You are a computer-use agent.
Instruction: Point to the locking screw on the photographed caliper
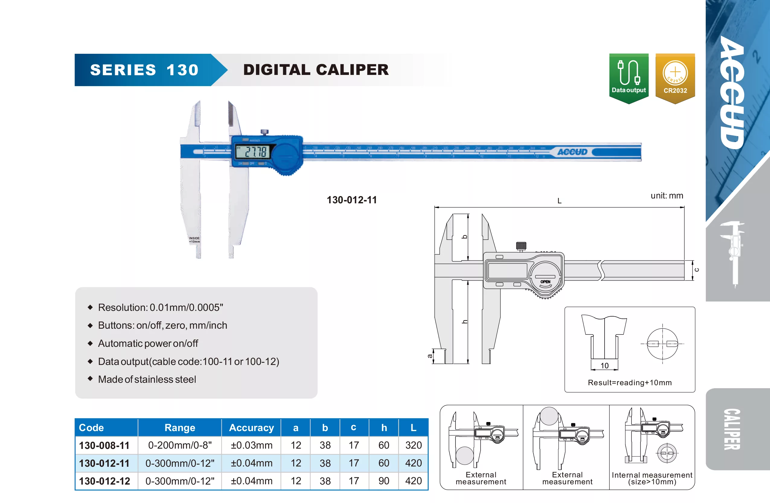(264, 132)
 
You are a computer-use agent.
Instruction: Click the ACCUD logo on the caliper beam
(572, 152)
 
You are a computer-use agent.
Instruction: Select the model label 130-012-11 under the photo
(352, 200)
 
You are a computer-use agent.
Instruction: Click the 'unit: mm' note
(667, 196)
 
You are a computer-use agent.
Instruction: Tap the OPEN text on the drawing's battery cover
(545, 282)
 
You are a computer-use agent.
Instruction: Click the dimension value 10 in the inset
(604, 366)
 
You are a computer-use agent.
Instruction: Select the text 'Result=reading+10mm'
(630, 382)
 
